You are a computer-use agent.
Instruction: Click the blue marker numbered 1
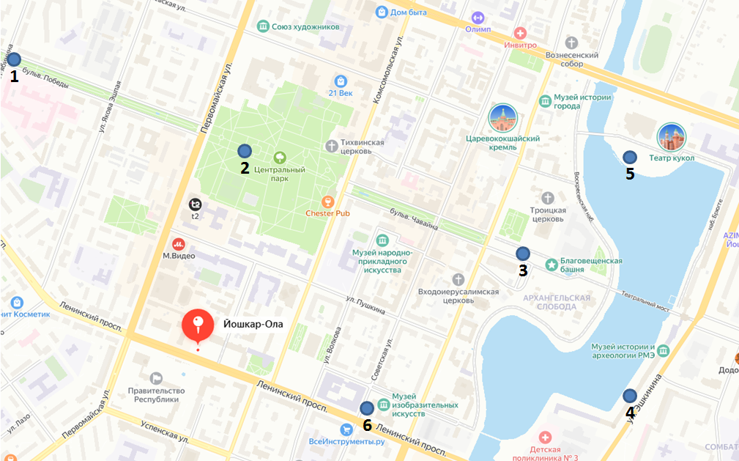pyautogui.click(x=14, y=60)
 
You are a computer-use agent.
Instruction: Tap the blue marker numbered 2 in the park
pyautogui.click(x=245, y=151)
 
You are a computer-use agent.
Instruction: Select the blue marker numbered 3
pyautogui.click(x=522, y=253)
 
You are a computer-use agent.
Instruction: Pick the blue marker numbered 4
pyautogui.click(x=629, y=396)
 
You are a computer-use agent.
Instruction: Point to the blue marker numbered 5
pyautogui.click(x=629, y=157)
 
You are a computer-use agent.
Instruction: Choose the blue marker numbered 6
pyautogui.click(x=367, y=408)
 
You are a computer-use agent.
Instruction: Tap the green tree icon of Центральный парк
pyautogui.click(x=279, y=158)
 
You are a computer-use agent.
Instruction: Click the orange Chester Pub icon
pyautogui.click(x=327, y=201)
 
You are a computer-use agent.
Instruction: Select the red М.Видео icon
pyautogui.click(x=178, y=243)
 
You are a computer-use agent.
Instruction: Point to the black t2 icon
pyautogui.click(x=196, y=204)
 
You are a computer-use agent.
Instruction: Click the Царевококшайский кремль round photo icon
pyautogui.click(x=503, y=118)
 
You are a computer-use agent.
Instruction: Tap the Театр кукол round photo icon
pyautogui.click(x=671, y=137)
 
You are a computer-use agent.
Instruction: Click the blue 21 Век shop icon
pyautogui.click(x=340, y=81)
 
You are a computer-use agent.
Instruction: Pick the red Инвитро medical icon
pyautogui.click(x=521, y=33)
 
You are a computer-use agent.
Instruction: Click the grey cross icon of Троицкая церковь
pyautogui.click(x=548, y=198)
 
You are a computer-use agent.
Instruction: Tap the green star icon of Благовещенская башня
pyautogui.click(x=551, y=264)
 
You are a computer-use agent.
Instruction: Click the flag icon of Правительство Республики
pyautogui.click(x=156, y=378)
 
